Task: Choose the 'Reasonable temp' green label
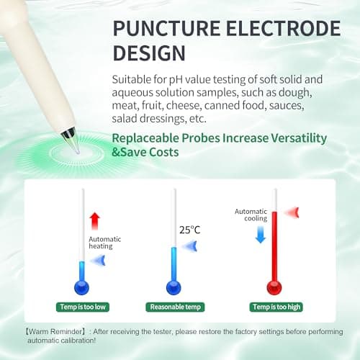coord(173,306)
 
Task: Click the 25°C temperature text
coord(190,230)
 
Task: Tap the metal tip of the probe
coord(69,133)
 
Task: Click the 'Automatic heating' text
coord(104,242)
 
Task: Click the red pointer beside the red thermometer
coord(289,212)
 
